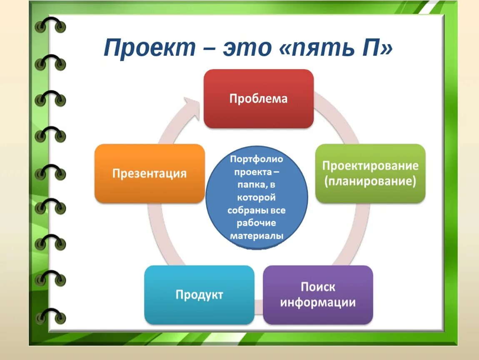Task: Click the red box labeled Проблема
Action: point(258,99)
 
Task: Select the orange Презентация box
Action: point(150,173)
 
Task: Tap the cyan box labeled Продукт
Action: point(199,295)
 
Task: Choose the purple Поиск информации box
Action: point(318,295)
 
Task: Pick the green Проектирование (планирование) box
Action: point(370,173)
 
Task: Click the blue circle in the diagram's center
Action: point(257,200)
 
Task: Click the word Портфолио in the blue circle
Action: point(257,160)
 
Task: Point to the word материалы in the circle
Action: point(257,236)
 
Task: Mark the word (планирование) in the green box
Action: point(370,182)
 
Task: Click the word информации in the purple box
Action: point(318,302)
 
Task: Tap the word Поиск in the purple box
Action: point(318,287)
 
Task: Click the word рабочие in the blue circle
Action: point(257,223)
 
